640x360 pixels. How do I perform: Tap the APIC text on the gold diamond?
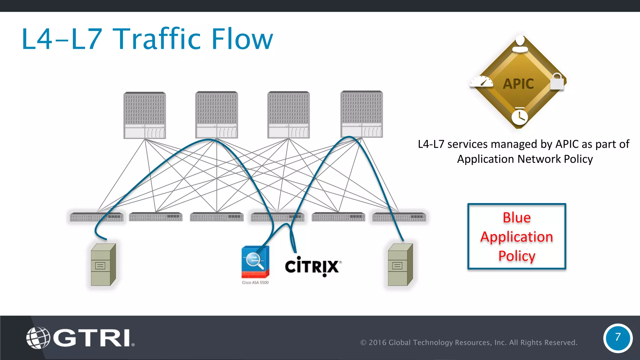point(518,84)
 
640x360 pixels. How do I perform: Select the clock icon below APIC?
point(519,117)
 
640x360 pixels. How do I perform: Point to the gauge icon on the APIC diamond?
point(482,82)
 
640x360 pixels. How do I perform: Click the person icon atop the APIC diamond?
point(520,44)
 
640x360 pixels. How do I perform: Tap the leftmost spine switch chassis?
point(145,115)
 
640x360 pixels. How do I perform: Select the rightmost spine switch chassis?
point(362,114)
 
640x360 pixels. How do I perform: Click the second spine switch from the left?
point(217,115)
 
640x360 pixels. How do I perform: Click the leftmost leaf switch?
point(97,217)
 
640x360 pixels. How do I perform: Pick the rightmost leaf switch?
point(399,217)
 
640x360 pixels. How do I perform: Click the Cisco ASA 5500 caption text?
point(255,282)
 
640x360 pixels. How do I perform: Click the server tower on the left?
point(103,265)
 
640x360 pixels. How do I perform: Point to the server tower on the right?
point(400,265)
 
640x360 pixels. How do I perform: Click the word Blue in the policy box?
point(517,217)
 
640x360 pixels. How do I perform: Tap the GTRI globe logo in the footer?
point(38,337)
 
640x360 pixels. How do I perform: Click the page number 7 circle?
point(617,338)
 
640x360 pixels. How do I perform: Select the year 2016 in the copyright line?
point(377,342)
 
